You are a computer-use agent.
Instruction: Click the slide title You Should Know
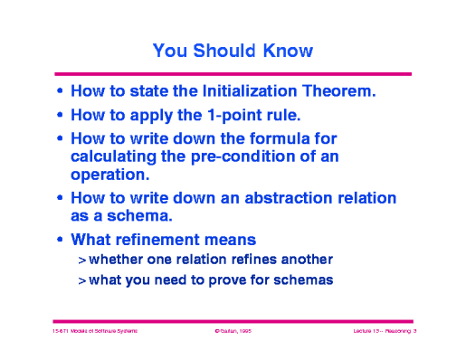pyautogui.click(x=233, y=51)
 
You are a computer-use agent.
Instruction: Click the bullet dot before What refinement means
pyautogui.click(x=60, y=240)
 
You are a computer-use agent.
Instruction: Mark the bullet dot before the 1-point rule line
pyautogui.click(x=60, y=116)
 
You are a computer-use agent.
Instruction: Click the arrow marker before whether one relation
pyautogui.click(x=81, y=260)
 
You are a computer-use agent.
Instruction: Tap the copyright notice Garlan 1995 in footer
pyautogui.click(x=233, y=332)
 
